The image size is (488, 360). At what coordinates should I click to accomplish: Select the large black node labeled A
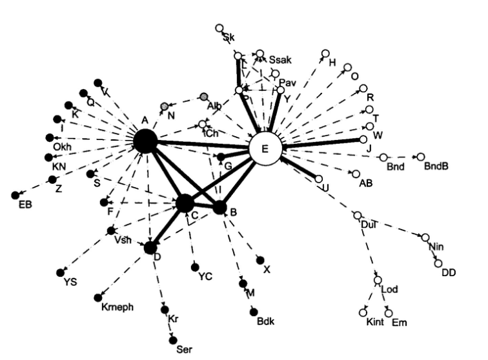[x=145, y=141]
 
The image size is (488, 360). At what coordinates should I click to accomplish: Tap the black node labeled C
[x=186, y=203]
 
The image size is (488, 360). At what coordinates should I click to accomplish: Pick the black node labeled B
[x=220, y=208]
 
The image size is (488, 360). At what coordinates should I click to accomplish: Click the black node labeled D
[x=150, y=246]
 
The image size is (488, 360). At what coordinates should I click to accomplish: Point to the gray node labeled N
[x=165, y=105]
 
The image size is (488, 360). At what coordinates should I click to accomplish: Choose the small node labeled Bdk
[x=254, y=312]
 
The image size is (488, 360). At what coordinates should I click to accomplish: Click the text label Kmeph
[x=117, y=307]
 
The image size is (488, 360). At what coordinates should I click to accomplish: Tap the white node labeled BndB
[x=421, y=157]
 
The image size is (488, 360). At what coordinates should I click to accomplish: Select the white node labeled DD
[x=438, y=263]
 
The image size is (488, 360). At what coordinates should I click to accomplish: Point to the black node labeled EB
[x=15, y=195]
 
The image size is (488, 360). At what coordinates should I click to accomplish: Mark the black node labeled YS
[x=61, y=272]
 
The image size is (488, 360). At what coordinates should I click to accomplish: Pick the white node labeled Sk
[x=219, y=28]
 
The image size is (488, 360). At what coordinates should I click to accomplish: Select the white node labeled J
[x=363, y=139]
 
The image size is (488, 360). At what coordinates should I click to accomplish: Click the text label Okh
[x=62, y=147]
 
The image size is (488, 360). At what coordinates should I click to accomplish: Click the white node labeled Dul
[x=357, y=215]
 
